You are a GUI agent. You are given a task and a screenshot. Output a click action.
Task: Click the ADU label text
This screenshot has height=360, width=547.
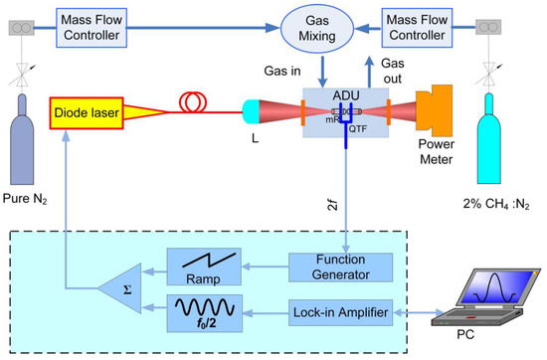click(x=344, y=95)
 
